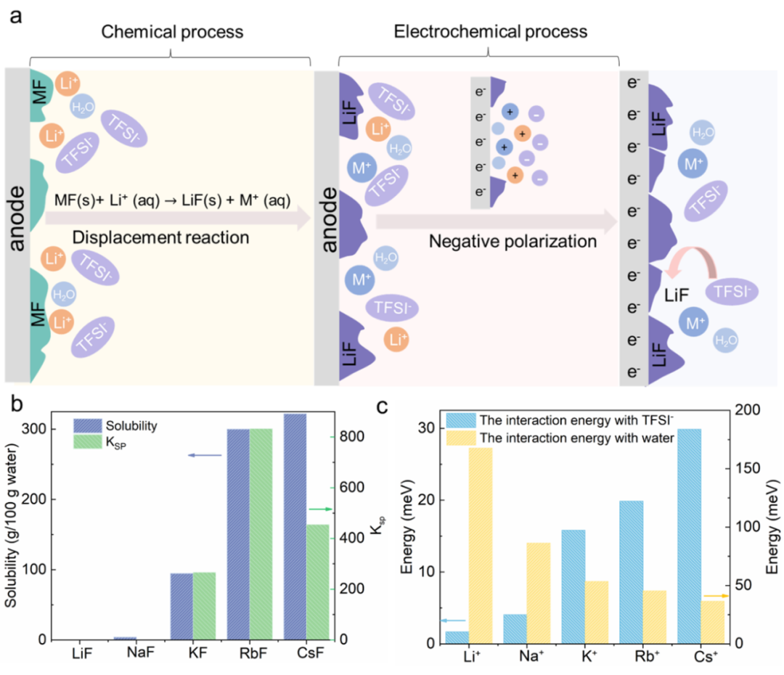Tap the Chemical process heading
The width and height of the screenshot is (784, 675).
(172, 32)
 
